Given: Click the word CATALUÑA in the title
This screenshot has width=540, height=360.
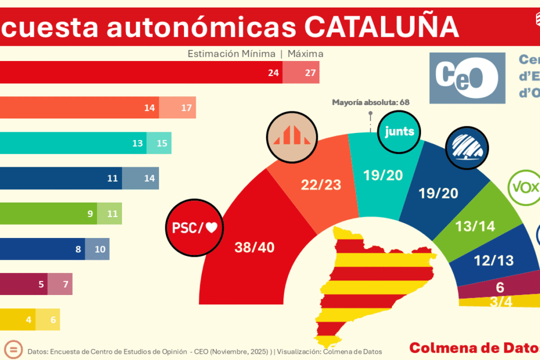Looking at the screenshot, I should click(381, 27).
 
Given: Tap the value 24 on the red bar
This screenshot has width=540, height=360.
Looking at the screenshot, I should click(273, 73).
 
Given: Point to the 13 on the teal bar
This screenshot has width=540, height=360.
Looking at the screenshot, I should click(138, 143).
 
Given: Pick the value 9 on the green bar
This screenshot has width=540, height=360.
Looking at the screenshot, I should click(91, 214).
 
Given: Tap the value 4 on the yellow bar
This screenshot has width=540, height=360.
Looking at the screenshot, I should click(28, 319).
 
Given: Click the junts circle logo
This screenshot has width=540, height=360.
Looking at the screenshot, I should click(400, 131).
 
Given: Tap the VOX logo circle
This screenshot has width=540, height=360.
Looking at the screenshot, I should click(525, 187).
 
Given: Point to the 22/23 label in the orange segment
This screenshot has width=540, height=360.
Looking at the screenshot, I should click(321, 185).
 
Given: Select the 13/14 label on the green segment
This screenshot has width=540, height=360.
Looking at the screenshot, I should click(476, 226).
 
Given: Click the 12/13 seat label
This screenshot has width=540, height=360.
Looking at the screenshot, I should click(494, 261).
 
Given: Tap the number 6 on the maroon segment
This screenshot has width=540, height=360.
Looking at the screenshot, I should click(500, 287).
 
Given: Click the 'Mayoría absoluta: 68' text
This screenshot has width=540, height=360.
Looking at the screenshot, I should click(370, 102).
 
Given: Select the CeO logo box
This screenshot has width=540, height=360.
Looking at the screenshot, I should click(467, 78).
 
